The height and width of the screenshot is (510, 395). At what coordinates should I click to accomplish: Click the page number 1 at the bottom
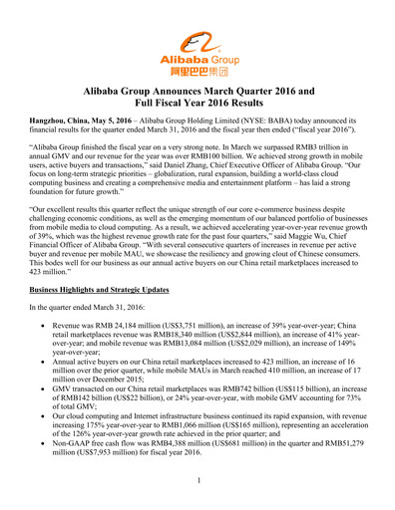pyautogui.click(x=197, y=481)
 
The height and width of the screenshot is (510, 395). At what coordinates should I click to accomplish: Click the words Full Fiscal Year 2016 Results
pyautogui.click(x=197, y=104)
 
